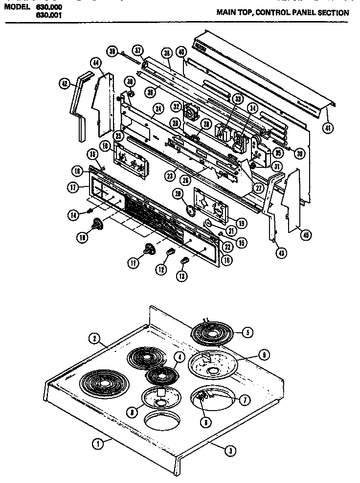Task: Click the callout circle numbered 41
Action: (x=327, y=129)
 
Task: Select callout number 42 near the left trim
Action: (x=65, y=84)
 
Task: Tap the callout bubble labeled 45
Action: (x=306, y=236)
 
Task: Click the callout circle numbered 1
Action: (x=98, y=444)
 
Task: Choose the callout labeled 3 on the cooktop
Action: (x=227, y=452)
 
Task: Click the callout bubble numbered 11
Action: (x=133, y=263)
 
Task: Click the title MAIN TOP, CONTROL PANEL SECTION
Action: (x=283, y=13)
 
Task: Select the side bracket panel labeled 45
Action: (x=292, y=198)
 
